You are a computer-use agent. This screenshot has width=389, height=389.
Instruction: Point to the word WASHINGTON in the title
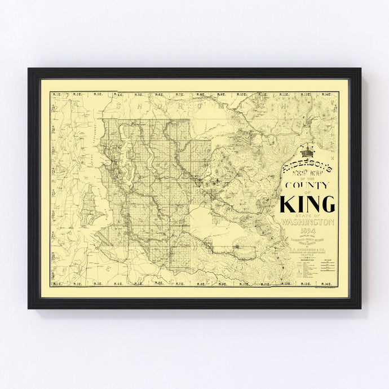pyautogui.click(x=308, y=222)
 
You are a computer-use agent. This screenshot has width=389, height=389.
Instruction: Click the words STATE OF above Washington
pyautogui.click(x=308, y=216)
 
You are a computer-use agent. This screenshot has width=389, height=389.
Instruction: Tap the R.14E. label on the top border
pyautogui.click(x=330, y=94)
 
